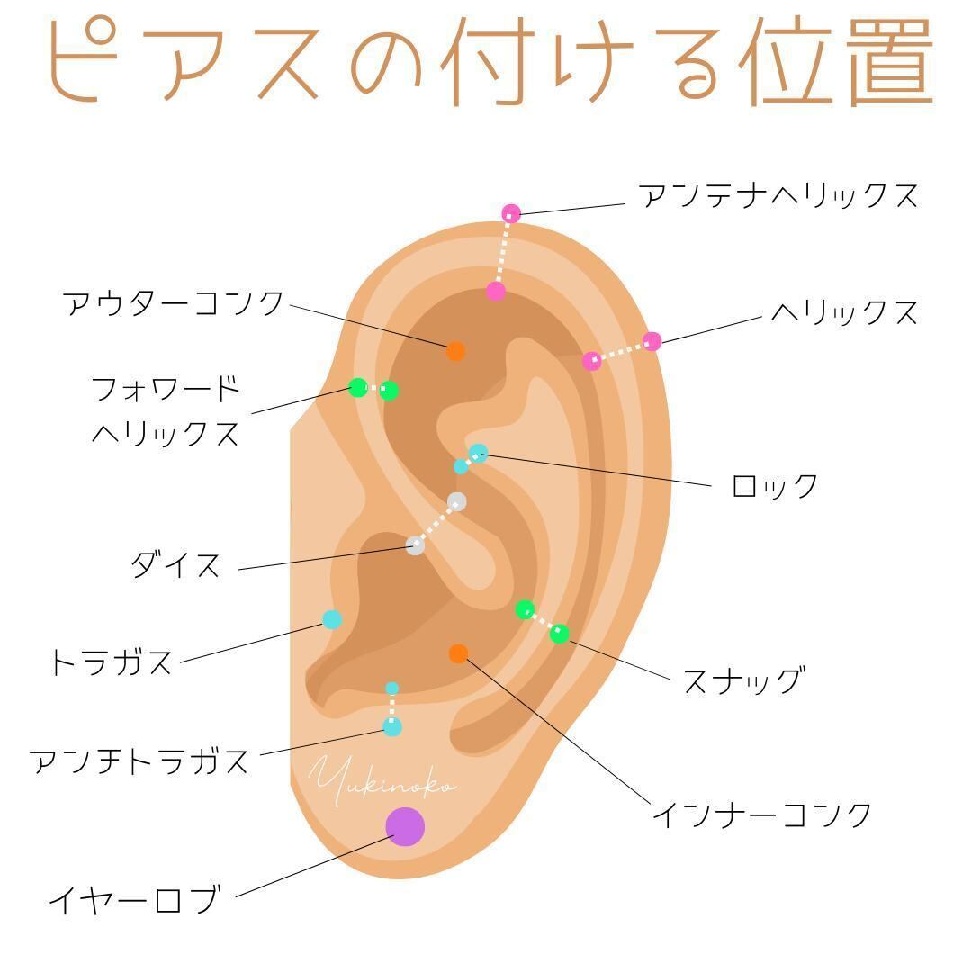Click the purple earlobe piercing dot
pos(405,826)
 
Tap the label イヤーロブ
pos(134,899)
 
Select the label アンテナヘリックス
pos(778,196)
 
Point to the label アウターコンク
pos(173,304)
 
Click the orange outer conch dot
pos(455,351)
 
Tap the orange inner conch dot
pos(458,652)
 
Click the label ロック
pos(775,485)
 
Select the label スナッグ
pos(744,680)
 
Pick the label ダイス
pos(176,564)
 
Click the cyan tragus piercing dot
pos(332,619)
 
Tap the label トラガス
pos(111,661)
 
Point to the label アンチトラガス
pos(139,760)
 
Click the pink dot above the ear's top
pos(511,213)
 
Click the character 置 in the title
pos(891,62)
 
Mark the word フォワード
pos(166,389)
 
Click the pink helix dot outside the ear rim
pos(652,341)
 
